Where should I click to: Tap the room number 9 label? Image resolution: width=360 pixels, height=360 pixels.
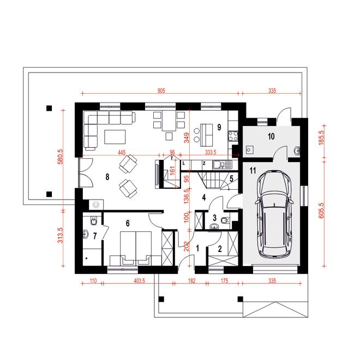(x=219, y=127)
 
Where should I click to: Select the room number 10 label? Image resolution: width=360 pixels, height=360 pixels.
(x=271, y=136)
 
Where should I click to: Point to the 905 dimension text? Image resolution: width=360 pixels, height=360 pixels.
(x=161, y=91)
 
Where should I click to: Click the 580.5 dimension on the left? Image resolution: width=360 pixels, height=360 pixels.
(x=60, y=157)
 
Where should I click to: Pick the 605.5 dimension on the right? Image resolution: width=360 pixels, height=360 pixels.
(x=321, y=211)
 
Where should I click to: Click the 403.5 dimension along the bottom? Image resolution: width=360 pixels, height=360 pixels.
(x=139, y=281)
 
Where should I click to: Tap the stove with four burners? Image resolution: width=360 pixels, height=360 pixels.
(x=233, y=136)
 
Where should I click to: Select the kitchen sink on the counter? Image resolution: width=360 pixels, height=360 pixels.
(x=223, y=164)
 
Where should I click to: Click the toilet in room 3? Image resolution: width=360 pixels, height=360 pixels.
(x=224, y=221)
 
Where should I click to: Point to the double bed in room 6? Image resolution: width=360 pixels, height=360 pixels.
(x=136, y=248)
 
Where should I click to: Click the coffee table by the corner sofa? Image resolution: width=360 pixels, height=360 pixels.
(x=115, y=137)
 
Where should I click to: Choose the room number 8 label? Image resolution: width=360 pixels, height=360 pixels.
(x=107, y=177)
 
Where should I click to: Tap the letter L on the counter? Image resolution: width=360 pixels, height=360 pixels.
(x=184, y=164)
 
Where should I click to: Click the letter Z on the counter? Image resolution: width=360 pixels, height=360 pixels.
(x=204, y=164)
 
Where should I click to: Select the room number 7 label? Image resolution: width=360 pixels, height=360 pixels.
(x=95, y=236)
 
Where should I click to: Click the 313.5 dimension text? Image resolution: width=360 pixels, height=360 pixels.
(x=60, y=235)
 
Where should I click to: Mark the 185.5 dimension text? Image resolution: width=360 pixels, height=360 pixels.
(x=321, y=137)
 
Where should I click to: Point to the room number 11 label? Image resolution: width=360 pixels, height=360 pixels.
(x=253, y=171)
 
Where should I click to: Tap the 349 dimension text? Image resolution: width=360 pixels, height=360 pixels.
(x=187, y=137)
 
